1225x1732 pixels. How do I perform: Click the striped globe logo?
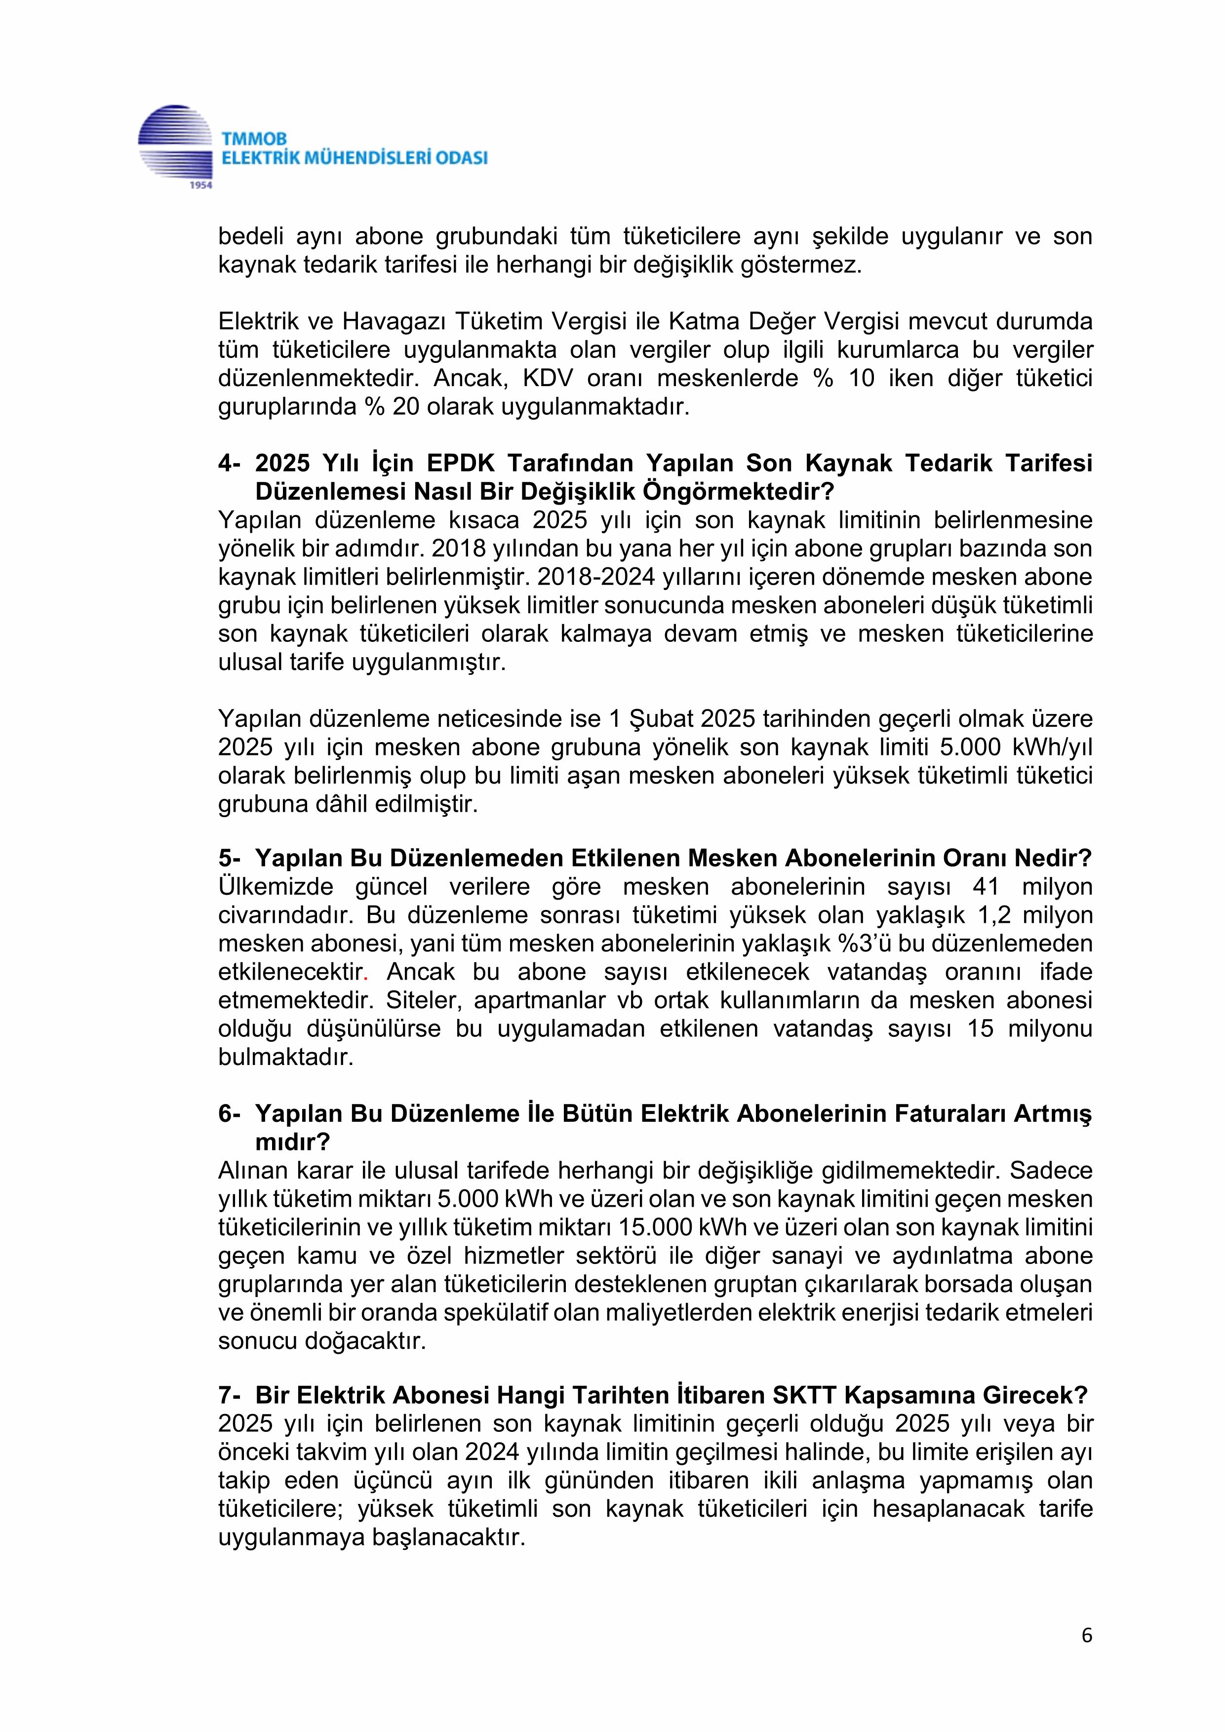(x=175, y=143)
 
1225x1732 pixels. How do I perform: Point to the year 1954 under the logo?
(x=200, y=185)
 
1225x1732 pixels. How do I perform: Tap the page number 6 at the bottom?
(x=1086, y=1635)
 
